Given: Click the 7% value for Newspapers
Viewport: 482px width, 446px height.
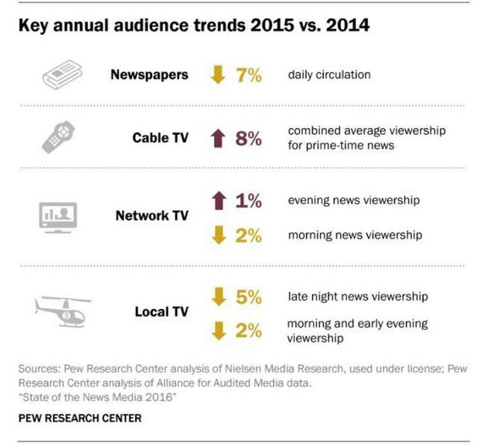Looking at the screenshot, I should pos(248,75).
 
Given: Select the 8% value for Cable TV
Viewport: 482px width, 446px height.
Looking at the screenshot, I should pos(248,138).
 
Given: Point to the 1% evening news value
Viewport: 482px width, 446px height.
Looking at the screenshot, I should pos(248,200).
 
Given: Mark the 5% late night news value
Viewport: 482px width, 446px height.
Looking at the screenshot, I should pos(248,296).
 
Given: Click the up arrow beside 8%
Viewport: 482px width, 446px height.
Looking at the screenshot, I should pos(219,138).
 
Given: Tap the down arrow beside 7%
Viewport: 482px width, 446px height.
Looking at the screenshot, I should pos(219,75).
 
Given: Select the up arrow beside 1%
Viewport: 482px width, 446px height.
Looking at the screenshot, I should pos(219,200).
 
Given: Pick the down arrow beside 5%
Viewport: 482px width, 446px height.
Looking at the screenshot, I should pos(219,296).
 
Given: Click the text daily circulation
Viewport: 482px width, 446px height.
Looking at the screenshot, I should pos(329,74).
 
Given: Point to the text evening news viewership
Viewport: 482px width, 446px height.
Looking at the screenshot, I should pos(353,200).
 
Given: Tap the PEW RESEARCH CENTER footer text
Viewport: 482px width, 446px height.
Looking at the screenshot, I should pos(80,418).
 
